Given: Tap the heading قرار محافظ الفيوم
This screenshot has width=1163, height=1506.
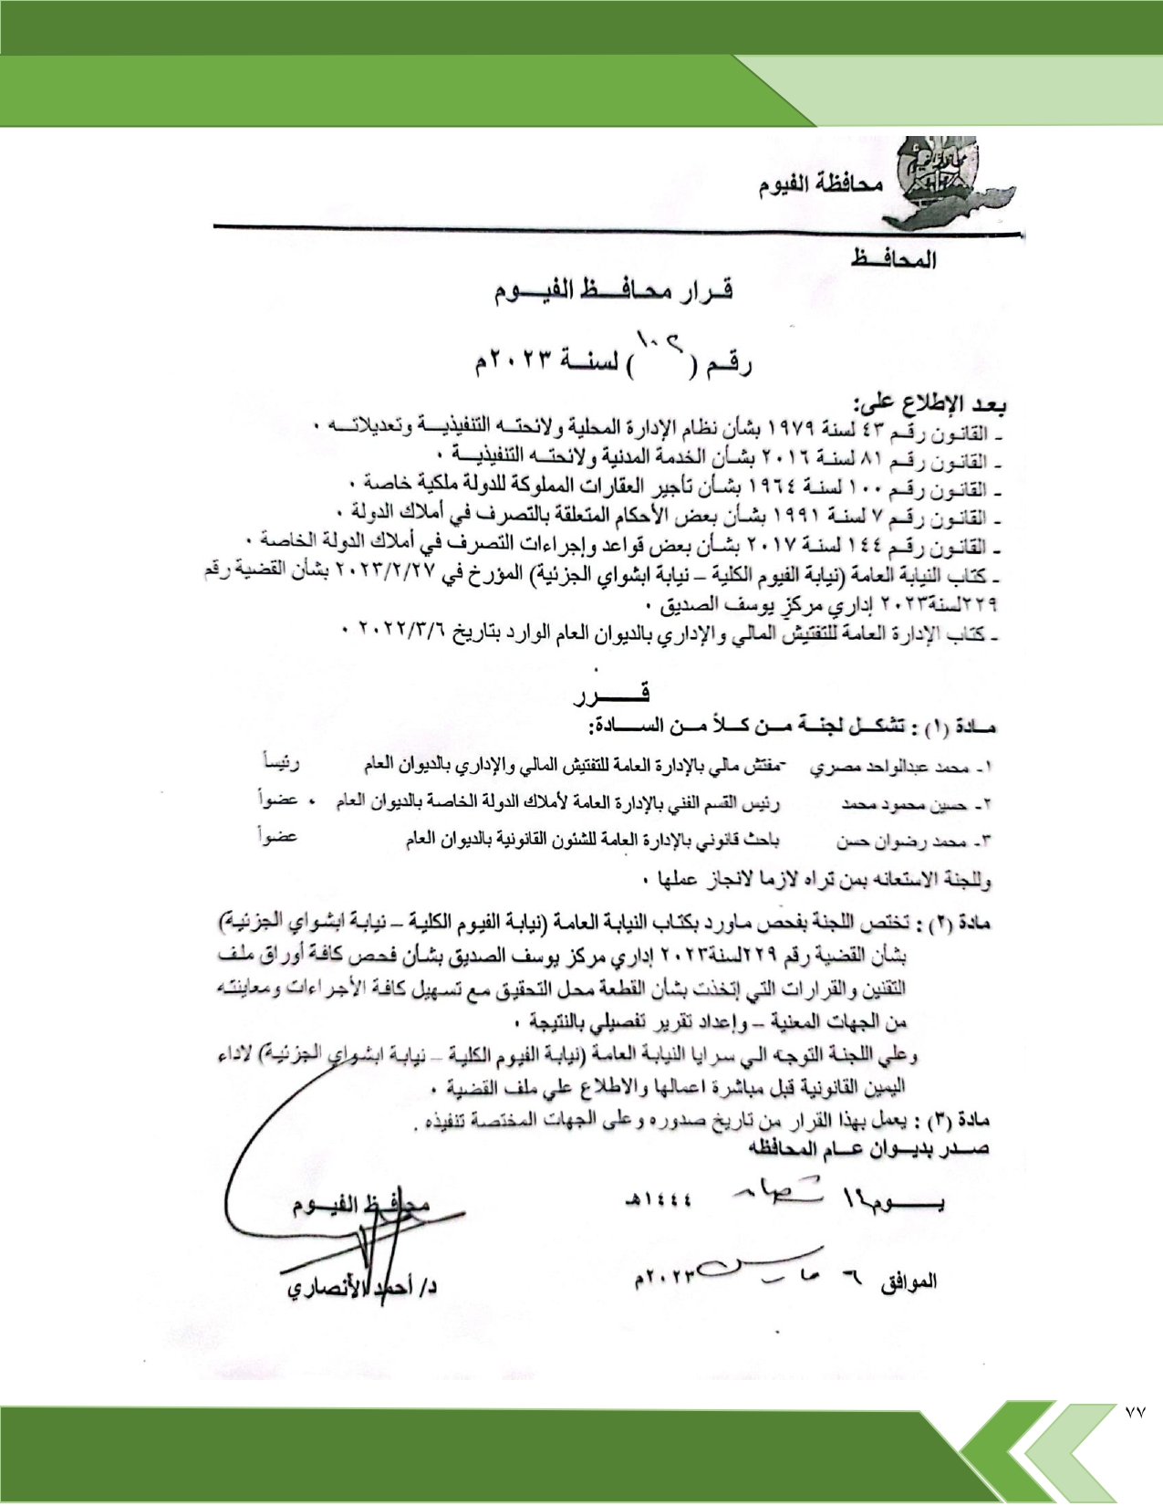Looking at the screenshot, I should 613,292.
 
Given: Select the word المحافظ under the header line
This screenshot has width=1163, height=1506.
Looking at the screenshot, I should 893,260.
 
